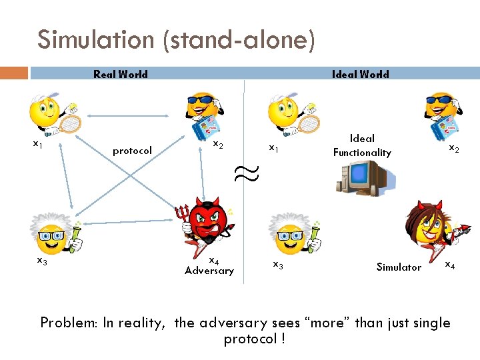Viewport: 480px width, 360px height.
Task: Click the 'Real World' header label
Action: (x=120, y=74)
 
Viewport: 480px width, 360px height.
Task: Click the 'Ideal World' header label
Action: (x=360, y=74)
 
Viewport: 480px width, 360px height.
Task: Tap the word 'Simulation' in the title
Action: (x=95, y=40)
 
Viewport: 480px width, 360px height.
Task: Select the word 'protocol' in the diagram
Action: (x=132, y=151)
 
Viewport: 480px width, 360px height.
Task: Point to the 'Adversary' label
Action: (x=209, y=271)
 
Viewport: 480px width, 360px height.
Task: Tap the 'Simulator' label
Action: (x=399, y=267)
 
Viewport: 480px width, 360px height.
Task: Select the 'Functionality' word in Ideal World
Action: (x=362, y=153)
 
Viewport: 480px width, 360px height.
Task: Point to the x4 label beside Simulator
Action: (x=450, y=266)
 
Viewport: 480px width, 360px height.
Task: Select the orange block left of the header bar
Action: (x=14, y=73)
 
